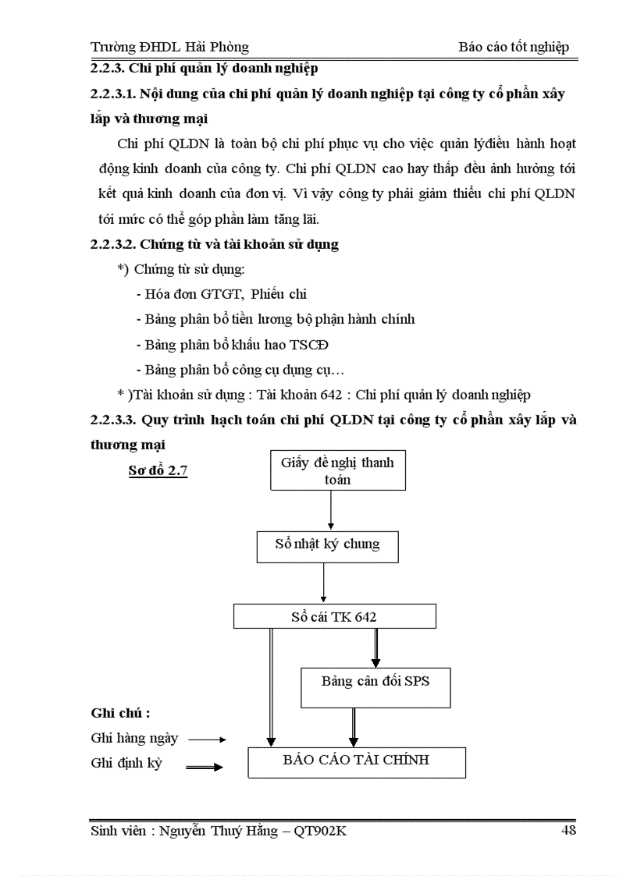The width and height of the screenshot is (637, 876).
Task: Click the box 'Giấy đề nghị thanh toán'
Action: click(337, 471)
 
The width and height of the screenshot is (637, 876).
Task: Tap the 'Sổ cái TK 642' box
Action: click(333, 617)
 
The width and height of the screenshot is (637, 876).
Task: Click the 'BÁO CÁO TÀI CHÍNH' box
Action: click(356, 761)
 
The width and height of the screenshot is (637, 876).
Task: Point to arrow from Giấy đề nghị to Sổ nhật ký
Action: click(331, 512)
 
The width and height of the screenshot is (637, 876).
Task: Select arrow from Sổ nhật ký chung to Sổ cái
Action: click(323, 583)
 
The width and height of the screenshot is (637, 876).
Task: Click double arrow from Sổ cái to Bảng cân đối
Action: click(375, 647)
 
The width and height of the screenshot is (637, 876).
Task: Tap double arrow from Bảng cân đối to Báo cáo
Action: click(353, 727)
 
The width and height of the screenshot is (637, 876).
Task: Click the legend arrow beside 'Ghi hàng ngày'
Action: click(207, 739)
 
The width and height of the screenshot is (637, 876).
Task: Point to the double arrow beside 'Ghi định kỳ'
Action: click(205, 767)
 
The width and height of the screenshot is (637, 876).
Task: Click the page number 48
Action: click(568, 830)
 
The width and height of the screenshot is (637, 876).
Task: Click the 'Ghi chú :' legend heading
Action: click(120, 713)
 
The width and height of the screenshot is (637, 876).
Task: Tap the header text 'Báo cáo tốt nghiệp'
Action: click(514, 47)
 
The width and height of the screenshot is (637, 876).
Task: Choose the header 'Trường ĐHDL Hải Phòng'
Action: click(169, 47)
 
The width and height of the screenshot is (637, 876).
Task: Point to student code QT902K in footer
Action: click(320, 831)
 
